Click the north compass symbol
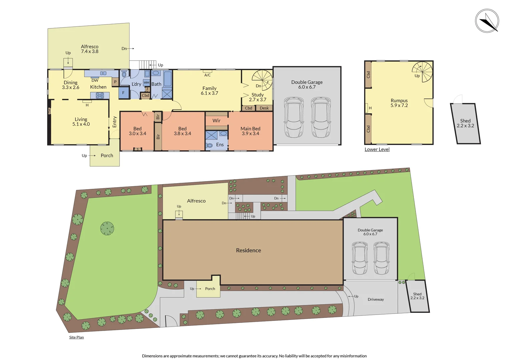click(x=487, y=21)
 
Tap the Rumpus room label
click(x=399, y=101)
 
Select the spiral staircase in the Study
click(x=262, y=80)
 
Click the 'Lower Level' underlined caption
click(x=377, y=149)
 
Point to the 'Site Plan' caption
click(x=76, y=337)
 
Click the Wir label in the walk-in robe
click(x=216, y=121)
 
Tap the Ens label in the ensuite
click(x=220, y=145)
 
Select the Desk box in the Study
click(x=264, y=108)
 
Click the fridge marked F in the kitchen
click(x=123, y=93)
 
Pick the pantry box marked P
click(x=115, y=82)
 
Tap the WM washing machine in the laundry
click(x=147, y=83)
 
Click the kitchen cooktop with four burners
click(x=100, y=96)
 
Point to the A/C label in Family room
click(x=207, y=75)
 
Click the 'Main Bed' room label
click(x=250, y=129)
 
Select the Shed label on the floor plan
click(x=465, y=121)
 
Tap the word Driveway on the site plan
click(x=375, y=299)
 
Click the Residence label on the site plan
click(x=248, y=250)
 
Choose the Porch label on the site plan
click(x=210, y=289)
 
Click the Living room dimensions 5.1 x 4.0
click(x=81, y=124)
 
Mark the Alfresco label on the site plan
click(x=196, y=201)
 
